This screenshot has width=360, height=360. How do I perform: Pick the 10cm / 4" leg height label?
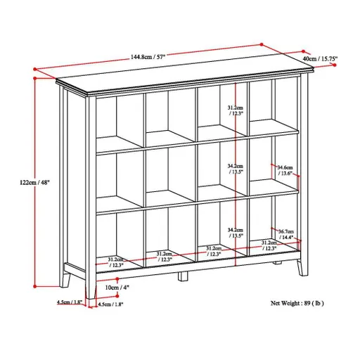pos(115,288)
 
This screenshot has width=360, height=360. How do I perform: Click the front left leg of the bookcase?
pos(90,285)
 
